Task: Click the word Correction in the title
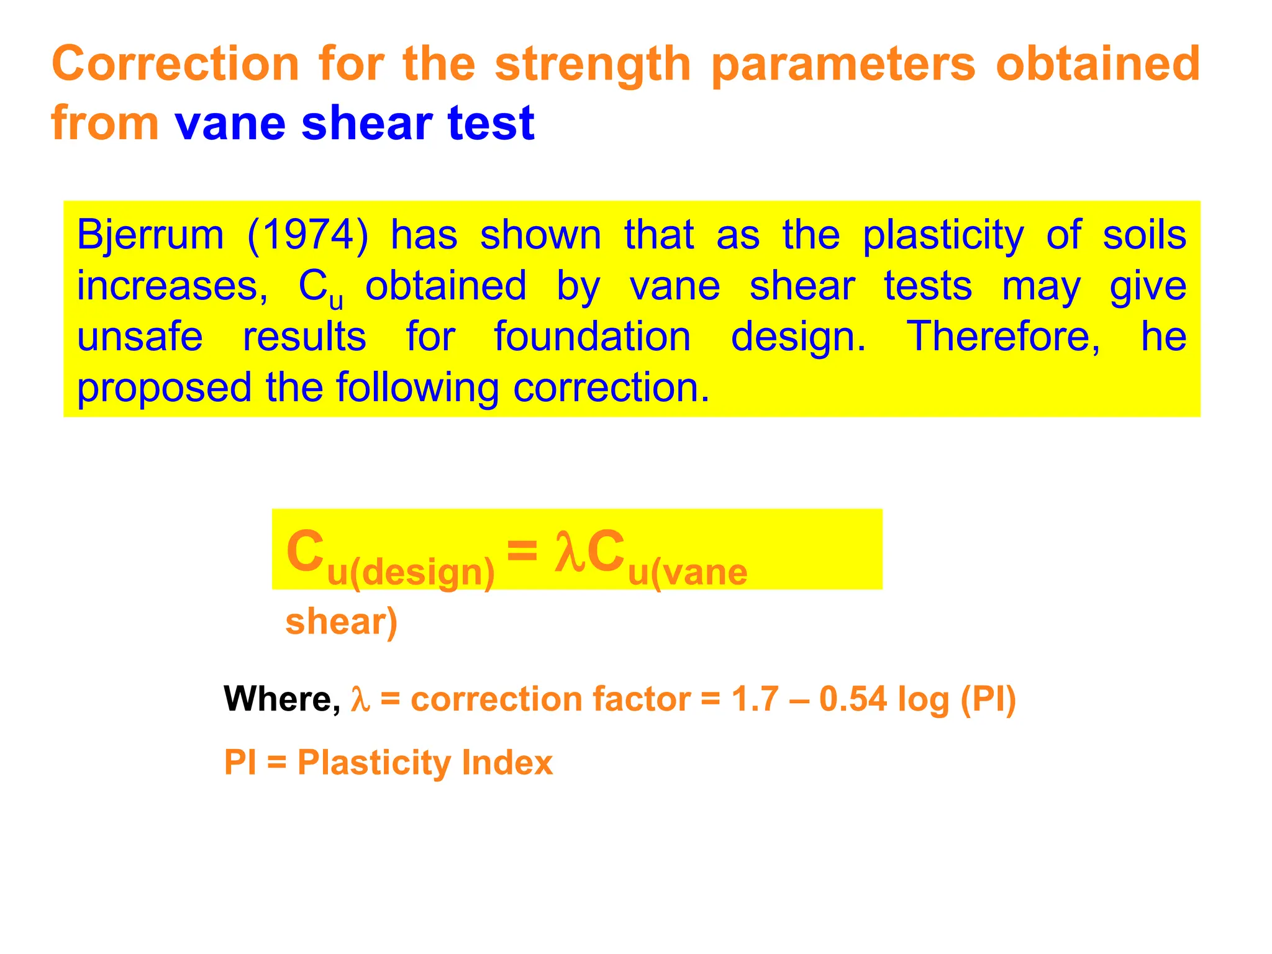175,64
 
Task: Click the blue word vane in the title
230,123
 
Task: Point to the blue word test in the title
491,123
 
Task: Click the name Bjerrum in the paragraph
150,236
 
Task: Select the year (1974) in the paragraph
307,236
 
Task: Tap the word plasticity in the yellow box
943,236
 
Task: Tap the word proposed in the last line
164,388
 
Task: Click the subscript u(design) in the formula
411,572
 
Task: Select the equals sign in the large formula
522,550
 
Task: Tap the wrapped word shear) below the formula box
341,622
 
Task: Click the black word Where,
282,699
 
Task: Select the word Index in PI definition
507,762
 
